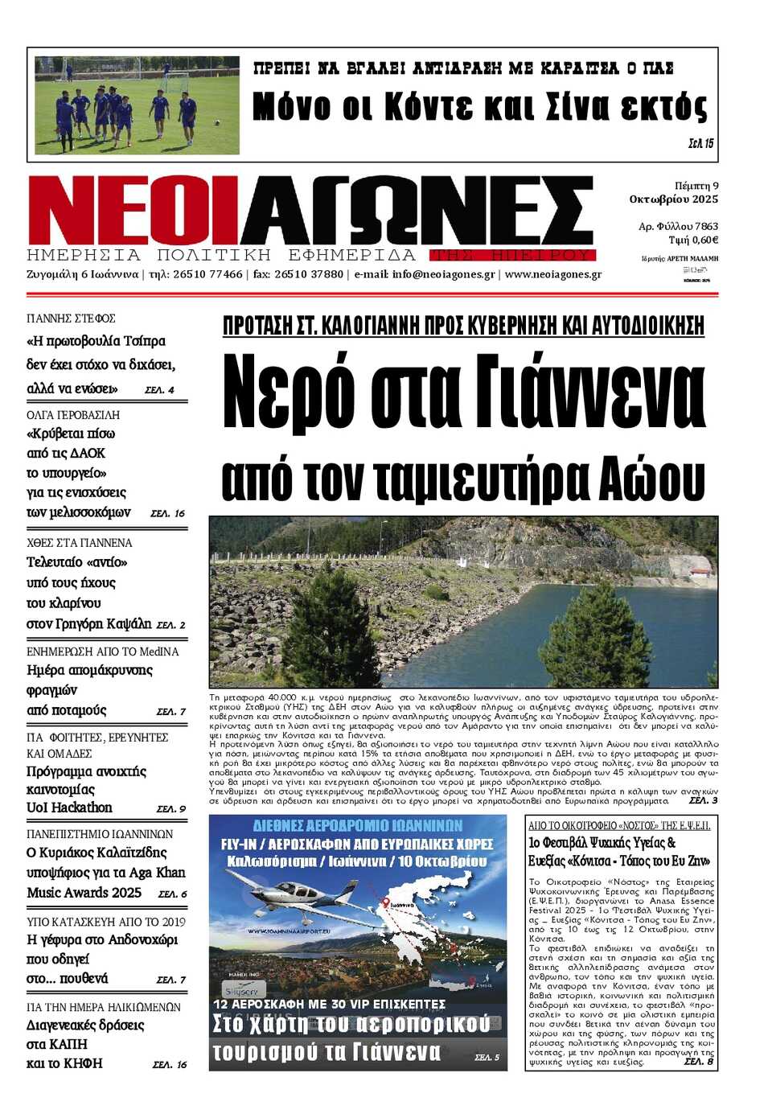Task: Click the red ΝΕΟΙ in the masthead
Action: (133, 211)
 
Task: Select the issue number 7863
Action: (706, 227)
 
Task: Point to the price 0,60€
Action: (704, 240)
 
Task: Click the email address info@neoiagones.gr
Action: (443, 274)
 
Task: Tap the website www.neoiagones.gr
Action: (553, 274)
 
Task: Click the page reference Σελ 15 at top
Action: (700, 143)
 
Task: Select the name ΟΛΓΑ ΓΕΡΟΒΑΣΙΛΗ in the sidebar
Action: (73, 415)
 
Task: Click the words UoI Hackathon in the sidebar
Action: (69, 808)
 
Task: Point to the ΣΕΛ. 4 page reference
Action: (159, 390)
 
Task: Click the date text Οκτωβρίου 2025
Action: (674, 199)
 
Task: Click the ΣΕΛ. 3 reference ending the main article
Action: (703, 800)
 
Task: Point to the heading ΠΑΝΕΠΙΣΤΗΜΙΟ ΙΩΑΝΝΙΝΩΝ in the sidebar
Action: (100, 834)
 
